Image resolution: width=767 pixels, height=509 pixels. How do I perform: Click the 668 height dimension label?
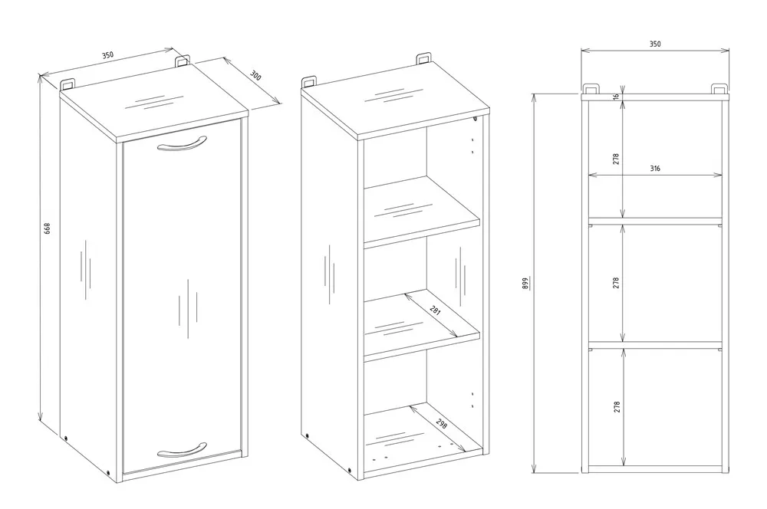coord(47,229)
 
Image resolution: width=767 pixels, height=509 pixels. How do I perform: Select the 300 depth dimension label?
coord(255,77)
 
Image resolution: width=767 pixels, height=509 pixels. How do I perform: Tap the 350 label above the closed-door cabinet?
coord(107,55)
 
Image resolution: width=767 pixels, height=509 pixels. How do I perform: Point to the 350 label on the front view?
coord(654,44)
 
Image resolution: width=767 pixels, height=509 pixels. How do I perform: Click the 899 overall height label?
coord(525,282)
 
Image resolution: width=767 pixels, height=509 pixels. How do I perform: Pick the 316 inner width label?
coord(654,169)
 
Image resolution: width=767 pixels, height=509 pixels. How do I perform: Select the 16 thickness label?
coord(616,97)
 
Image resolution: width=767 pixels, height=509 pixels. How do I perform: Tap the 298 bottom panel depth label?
coord(442,424)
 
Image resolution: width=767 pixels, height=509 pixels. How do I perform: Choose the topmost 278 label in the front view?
coord(616,159)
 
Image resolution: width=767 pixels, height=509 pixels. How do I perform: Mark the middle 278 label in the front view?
coord(616,282)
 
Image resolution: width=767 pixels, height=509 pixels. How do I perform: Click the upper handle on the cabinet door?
coord(181,145)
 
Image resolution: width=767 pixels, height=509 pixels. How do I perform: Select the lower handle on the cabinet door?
coord(181,449)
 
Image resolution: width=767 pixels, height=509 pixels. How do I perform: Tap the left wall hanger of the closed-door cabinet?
coord(67,81)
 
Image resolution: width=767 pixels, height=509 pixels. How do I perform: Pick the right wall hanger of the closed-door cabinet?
coord(183,60)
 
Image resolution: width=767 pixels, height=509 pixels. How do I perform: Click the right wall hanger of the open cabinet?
coord(423,58)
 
